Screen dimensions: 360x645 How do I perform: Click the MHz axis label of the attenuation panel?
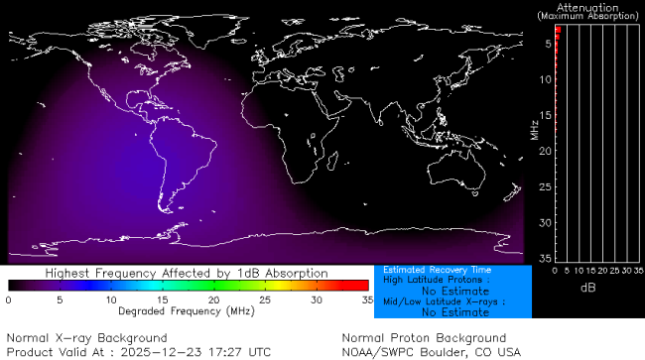point(534,129)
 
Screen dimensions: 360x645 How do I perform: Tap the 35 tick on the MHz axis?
point(545,258)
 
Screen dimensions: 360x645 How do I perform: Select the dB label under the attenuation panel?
point(587,287)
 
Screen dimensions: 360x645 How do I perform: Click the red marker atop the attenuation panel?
point(559,33)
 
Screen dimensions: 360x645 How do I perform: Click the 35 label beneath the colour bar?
point(366,299)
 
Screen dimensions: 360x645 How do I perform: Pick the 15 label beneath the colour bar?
point(162,299)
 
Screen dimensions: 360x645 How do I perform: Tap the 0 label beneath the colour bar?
point(8,299)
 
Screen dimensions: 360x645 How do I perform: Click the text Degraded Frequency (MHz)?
point(187,311)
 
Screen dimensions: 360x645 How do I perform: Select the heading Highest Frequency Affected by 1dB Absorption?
point(187,272)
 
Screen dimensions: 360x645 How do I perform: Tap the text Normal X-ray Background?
point(87,338)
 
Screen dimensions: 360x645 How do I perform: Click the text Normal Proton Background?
point(424,338)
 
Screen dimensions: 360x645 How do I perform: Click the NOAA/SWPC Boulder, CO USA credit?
point(431,352)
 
